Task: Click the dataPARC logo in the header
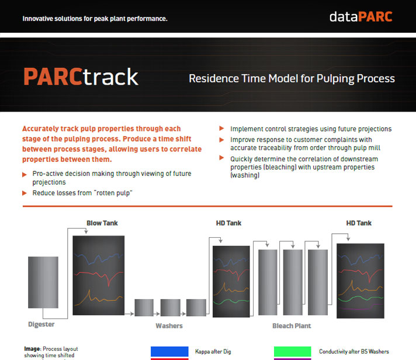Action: (361, 17)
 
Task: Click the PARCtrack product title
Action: (81, 77)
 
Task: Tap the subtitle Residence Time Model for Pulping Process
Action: (292, 78)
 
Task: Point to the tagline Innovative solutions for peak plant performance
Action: (95, 19)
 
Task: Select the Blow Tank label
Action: (102, 223)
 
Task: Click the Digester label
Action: (41, 324)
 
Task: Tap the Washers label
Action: (169, 326)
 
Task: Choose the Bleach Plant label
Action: (292, 326)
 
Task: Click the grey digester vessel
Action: (43, 282)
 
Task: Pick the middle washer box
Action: (171, 307)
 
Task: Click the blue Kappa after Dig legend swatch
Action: (169, 351)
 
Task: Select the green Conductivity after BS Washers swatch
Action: (292, 351)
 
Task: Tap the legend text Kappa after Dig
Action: (213, 351)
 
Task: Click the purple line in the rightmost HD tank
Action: (361, 308)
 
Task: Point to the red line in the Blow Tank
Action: (98, 275)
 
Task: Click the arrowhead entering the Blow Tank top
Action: (86, 232)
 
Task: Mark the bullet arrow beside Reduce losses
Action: (25, 193)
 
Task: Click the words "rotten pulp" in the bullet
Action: (113, 193)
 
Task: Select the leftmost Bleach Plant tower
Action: (268, 282)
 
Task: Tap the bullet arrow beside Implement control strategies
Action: (221, 129)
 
